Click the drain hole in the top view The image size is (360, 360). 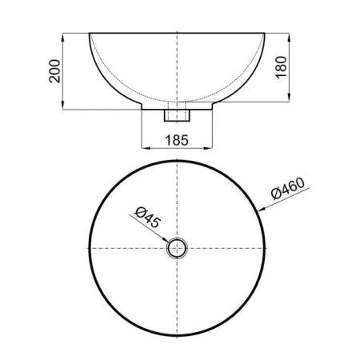pos(176,248)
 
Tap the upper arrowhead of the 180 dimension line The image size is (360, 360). pos(286,35)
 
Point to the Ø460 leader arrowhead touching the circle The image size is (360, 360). pos(258,210)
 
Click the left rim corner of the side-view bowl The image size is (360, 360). pos(89,33)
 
